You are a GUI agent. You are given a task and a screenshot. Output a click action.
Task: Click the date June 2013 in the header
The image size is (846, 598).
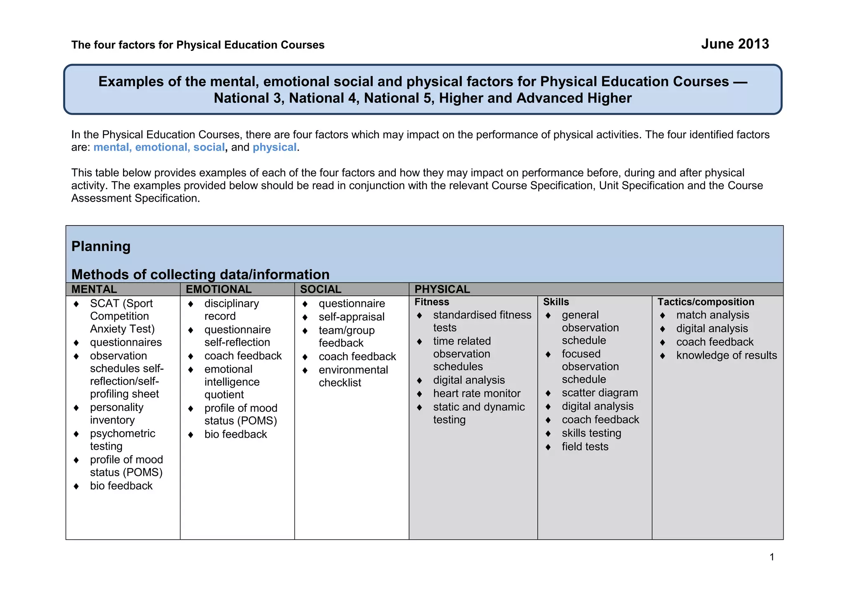tap(734, 44)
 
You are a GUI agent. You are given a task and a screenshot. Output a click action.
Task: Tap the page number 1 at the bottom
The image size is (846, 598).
tap(772, 557)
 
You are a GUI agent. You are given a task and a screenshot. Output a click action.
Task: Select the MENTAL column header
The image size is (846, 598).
tap(94, 289)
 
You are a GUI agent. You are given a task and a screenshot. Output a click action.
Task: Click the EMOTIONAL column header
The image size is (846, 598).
tap(219, 289)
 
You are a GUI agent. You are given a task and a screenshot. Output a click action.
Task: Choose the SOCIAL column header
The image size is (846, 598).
tap(321, 289)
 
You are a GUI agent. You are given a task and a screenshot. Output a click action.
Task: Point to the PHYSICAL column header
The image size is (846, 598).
tap(442, 289)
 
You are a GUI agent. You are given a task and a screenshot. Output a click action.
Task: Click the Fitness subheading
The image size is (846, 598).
tap(432, 302)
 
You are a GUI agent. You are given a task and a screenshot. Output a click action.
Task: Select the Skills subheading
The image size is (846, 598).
tap(556, 302)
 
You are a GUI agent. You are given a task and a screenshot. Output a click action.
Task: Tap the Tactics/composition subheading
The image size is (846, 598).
tap(706, 302)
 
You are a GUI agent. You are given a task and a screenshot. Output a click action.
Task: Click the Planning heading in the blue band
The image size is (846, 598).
tap(101, 246)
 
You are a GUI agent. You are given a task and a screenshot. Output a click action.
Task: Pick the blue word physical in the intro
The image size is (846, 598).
tap(274, 147)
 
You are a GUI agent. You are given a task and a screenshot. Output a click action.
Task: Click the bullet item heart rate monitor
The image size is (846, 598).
tap(476, 394)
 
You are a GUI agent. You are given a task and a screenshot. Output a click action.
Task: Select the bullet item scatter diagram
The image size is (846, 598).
tap(599, 393)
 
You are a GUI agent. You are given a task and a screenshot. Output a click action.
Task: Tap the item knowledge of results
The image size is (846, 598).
tap(726, 356)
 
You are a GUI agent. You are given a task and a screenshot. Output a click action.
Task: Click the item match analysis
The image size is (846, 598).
tap(712, 315)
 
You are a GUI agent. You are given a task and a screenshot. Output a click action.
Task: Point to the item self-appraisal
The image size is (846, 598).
tap(351, 317)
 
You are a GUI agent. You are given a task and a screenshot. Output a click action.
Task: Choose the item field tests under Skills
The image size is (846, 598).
tap(585, 447)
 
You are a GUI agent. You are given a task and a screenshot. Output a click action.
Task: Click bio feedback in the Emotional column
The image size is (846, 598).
tap(235, 434)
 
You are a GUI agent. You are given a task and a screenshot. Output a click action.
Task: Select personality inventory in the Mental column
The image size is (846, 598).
tap(116, 414)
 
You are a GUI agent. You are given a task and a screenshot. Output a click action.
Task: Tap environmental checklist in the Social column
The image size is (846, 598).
tap(353, 376)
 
